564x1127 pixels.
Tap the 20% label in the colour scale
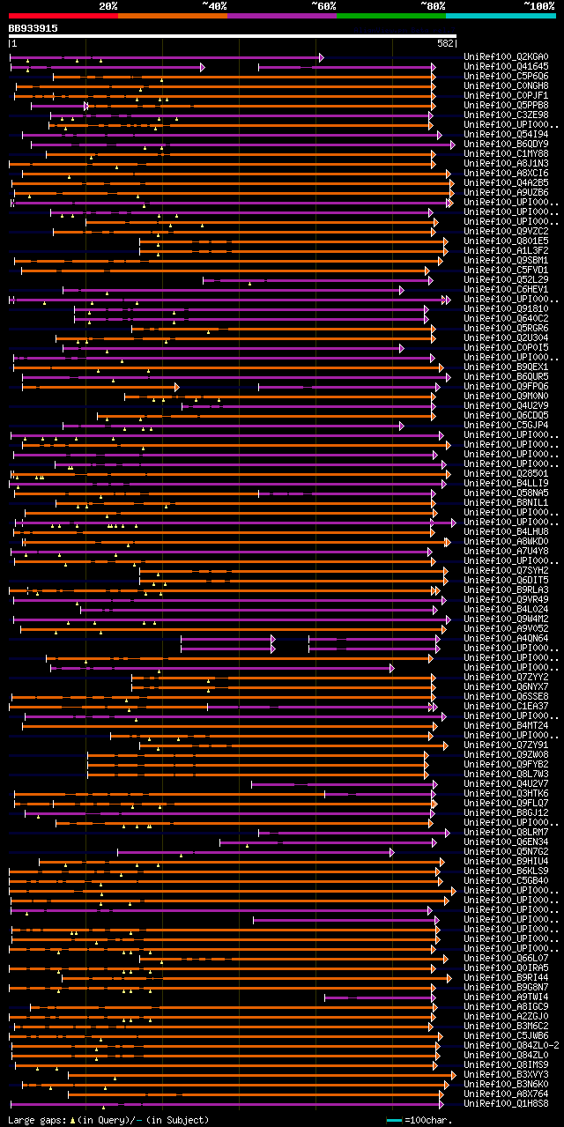(108, 5)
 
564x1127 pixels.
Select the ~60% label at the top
(323, 5)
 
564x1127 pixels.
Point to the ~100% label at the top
(538, 5)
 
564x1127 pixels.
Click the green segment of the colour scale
(390, 15)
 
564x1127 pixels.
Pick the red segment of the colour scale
(63, 15)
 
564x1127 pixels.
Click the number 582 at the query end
(445, 43)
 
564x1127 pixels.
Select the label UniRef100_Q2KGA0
(505, 57)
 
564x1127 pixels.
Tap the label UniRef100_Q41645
(505, 67)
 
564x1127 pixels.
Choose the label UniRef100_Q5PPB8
(505, 106)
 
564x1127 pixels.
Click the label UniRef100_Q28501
(505, 473)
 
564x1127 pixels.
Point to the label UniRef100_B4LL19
(505, 483)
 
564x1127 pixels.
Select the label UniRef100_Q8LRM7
(505, 832)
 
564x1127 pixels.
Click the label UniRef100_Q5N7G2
(505, 851)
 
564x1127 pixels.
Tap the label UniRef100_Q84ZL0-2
(511, 1045)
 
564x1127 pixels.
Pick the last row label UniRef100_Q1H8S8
(505, 1103)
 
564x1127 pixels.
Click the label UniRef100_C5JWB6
(505, 1035)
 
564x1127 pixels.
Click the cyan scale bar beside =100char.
(394, 1120)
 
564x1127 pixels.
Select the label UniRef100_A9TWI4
(505, 997)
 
